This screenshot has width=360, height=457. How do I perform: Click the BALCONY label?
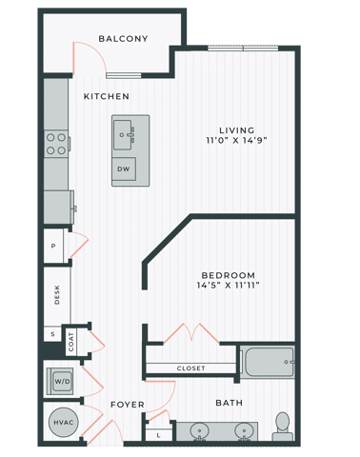tap(123, 39)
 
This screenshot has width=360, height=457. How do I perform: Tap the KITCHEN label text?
tap(107, 96)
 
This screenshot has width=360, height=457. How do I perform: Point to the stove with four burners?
tap(56, 143)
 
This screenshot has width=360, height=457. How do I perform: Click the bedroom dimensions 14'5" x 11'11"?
tap(229, 284)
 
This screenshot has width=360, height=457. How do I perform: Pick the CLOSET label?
tap(190, 368)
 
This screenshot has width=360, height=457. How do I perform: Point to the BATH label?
tap(229, 403)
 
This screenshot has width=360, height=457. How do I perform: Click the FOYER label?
tap(127, 405)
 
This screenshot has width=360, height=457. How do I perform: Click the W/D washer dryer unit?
tap(61, 381)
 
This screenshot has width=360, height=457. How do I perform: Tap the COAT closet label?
tap(70, 338)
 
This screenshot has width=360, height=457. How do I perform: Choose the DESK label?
tap(56, 295)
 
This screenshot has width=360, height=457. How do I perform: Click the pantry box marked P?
tap(52, 245)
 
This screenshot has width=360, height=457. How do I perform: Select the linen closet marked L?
tap(157, 435)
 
